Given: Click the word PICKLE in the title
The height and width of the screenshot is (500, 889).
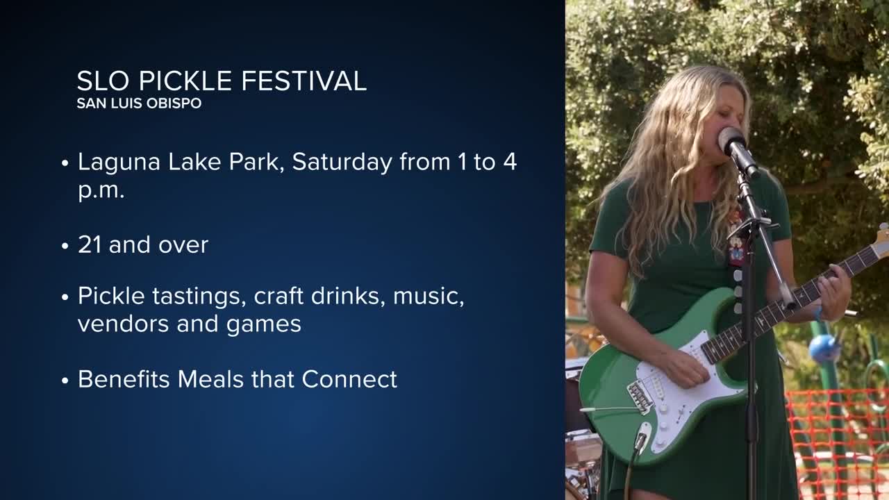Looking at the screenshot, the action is click(185, 81).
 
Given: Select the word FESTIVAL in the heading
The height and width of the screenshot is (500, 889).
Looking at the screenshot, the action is click(304, 81).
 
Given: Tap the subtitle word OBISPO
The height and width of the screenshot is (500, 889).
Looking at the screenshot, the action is click(174, 103).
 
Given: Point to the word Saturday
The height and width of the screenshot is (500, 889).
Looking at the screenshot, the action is click(342, 162).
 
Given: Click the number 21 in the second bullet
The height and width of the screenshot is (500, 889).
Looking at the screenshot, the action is click(90, 245).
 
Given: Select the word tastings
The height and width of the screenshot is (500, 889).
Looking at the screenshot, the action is click(197, 297).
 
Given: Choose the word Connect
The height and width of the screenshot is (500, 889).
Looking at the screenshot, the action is click(349, 379).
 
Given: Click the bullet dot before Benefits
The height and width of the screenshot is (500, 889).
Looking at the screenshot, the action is click(65, 381).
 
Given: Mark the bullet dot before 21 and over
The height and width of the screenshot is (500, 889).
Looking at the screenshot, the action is click(65, 246).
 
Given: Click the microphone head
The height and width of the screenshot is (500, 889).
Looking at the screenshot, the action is click(731, 140).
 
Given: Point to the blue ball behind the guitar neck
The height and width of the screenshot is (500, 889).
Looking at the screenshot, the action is click(824, 349).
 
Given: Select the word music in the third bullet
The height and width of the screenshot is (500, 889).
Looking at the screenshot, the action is click(429, 297).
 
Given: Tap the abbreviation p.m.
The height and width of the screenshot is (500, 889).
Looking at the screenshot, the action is click(101, 191).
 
